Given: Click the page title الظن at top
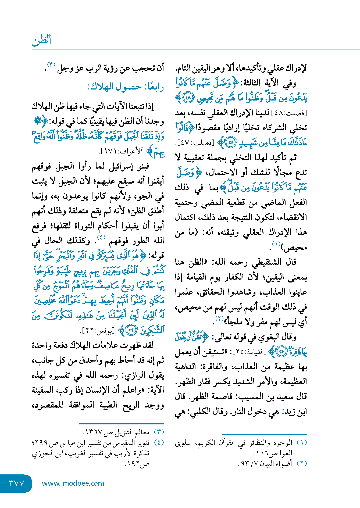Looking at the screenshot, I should point(41,40).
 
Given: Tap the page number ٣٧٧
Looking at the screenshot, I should point(17,483).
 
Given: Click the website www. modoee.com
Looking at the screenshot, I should point(73,483).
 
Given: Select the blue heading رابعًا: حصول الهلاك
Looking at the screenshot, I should point(126,87).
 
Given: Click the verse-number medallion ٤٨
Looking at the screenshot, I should point(188,98).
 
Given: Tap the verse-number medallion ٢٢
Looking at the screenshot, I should point(131,330).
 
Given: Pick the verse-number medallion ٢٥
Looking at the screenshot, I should point(281,352).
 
